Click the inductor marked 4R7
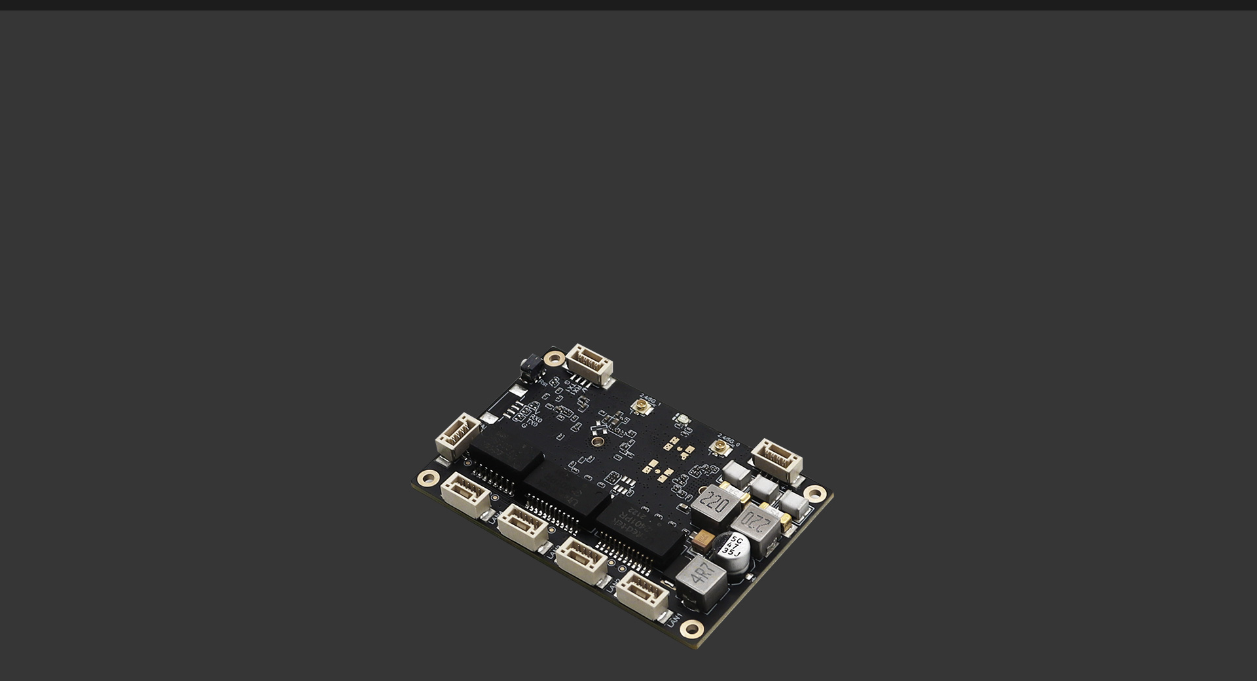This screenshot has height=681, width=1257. (701, 580)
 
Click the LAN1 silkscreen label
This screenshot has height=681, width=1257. (675, 619)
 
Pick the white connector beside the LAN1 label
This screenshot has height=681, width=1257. (642, 595)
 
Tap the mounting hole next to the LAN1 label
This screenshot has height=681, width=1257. (691, 629)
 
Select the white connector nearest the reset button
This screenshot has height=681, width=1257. (589, 364)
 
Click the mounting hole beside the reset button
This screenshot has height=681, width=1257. (555, 358)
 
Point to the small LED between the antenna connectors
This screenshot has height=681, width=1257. (681, 419)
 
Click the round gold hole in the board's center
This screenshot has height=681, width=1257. (597, 442)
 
